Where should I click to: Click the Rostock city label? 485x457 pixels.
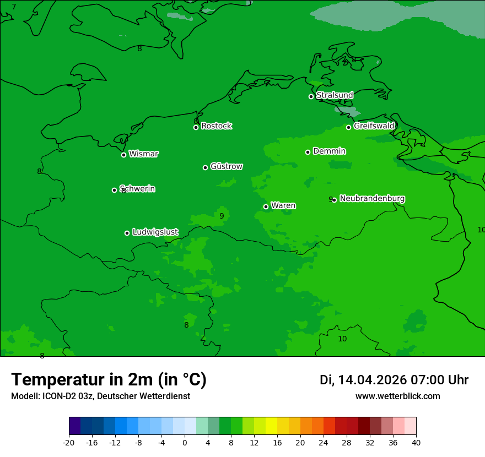pyautogui.click(x=216, y=126)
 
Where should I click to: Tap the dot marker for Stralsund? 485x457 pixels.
pyautogui.click(x=311, y=96)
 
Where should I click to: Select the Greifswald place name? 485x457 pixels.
pyautogui.click(x=374, y=126)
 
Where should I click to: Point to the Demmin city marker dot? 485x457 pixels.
pyautogui.click(x=308, y=152)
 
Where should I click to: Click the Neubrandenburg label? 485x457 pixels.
pyautogui.click(x=372, y=199)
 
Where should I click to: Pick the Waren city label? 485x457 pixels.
pyautogui.click(x=283, y=206)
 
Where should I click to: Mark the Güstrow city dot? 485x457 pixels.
pyautogui.click(x=205, y=167)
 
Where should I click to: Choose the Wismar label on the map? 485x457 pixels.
pyautogui.click(x=143, y=154)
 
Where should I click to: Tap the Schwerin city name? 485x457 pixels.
pyautogui.click(x=137, y=189)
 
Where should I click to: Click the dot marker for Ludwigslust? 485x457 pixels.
pyautogui.click(x=127, y=233)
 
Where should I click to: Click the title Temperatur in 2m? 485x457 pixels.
pyautogui.click(x=109, y=380)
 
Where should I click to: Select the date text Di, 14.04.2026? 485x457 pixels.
pyautogui.click(x=363, y=380)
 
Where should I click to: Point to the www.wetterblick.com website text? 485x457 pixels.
pyautogui.click(x=397, y=396)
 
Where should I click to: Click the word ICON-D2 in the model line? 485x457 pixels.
pyautogui.click(x=58, y=396)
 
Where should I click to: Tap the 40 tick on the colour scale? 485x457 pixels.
pyautogui.click(x=416, y=443)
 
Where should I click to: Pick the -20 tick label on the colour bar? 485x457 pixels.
pyautogui.click(x=69, y=443)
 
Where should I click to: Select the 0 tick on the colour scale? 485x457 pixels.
pyautogui.click(x=185, y=443)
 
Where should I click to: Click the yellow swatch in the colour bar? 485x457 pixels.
pyautogui.click(x=271, y=426)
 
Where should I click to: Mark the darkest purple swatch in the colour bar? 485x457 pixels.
pyautogui.click(x=74, y=426)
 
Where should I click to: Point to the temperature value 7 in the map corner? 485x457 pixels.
pyautogui.click(x=14, y=7)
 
